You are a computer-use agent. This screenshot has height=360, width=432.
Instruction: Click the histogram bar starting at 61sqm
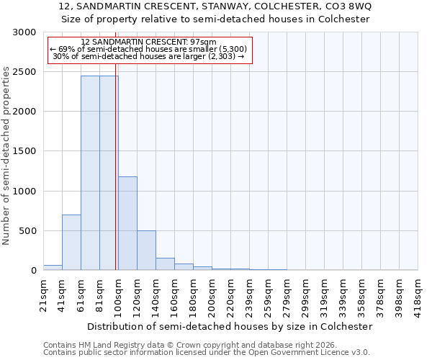(x=90, y=173)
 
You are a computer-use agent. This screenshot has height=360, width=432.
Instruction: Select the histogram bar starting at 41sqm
(x=71, y=242)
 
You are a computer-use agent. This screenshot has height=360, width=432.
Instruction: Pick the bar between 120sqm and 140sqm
(x=146, y=251)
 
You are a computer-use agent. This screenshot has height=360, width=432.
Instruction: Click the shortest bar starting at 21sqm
(x=53, y=268)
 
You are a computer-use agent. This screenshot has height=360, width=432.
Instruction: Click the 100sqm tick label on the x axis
(x=119, y=293)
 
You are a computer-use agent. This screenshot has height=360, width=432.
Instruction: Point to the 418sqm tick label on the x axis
(x=418, y=293)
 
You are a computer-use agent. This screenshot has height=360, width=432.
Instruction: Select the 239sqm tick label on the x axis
(x=250, y=293)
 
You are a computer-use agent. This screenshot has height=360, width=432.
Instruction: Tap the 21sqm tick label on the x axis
(x=44, y=292)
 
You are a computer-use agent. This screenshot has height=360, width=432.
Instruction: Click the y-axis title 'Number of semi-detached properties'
(x=7, y=156)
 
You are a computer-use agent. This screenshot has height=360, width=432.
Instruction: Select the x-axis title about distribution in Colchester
(x=229, y=326)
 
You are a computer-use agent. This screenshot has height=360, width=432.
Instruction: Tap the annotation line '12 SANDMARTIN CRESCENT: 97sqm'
(x=149, y=42)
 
